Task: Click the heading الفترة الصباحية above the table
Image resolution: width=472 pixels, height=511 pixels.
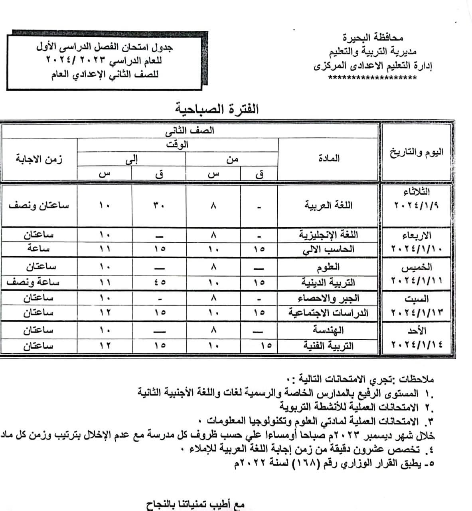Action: (x=217, y=109)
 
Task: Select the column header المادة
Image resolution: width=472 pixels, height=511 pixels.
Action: (x=329, y=158)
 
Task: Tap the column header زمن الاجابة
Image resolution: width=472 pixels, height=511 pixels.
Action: (x=39, y=159)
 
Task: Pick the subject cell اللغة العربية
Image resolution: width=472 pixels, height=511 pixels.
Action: (x=329, y=206)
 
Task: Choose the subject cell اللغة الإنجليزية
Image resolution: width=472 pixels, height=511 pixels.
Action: (x=329, y=234)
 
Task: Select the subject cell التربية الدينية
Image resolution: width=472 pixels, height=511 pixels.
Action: (x=328, y=283)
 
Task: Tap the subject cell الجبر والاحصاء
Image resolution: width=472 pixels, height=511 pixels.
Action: (x=328, y=298)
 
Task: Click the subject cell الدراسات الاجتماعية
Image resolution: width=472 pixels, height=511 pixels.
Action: (x=328, y=313)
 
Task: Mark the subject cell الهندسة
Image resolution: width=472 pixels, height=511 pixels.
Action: (x=328, y=330)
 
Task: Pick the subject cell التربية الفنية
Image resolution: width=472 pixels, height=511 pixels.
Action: (x=328, y=345)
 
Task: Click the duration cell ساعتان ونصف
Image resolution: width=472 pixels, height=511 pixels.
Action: (x=39, y=205)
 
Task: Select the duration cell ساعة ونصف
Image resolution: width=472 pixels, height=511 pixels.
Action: (x=34, y=282)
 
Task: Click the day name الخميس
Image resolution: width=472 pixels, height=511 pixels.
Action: (x=417, y=267)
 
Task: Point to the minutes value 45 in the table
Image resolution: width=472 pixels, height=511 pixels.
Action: (x=160, y=283)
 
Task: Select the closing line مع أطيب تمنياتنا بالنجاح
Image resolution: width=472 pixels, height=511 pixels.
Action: (x=195, y=504)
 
